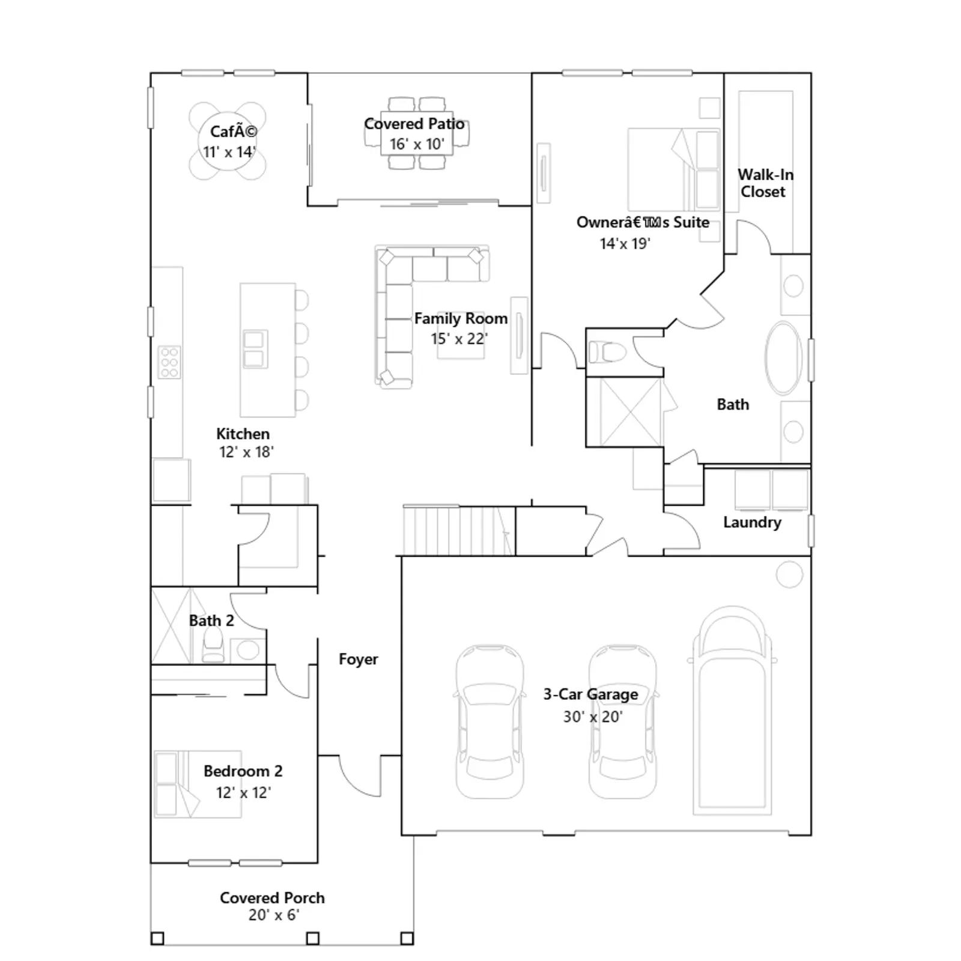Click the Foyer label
click(x=358, y=659)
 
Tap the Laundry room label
click(x=752, y=522)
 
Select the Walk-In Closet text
click(x=765, y=183)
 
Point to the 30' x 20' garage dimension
click(x=592, y=717)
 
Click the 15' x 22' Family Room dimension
click(x=459, y=339)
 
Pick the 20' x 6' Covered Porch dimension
click(x=274, y=915)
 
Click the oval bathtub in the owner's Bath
click(x=783, y=358)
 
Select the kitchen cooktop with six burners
click(x=169, y=362)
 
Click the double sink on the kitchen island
click(x=255, y=349)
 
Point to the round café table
click(x=228, y=141)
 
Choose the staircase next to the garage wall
click(x=459, y=531)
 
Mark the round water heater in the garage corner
click(x=789, y=575)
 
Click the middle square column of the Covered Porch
click(x=313, y=938)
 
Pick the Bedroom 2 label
click(x=243, y=771)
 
